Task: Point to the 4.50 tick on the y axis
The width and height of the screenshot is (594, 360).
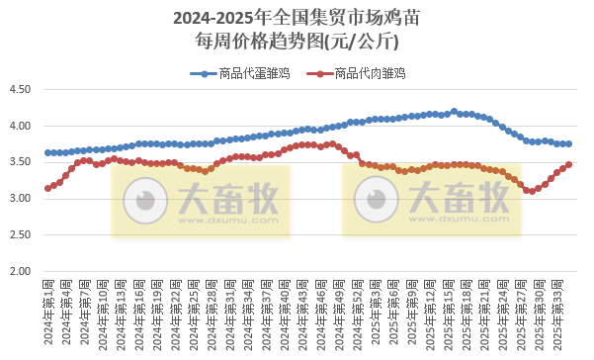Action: pos(21,90)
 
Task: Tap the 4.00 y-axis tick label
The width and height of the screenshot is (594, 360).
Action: pos(21,127)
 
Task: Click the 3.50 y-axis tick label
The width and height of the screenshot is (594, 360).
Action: pos(21,163)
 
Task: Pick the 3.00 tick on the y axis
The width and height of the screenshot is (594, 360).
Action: pos(21,199)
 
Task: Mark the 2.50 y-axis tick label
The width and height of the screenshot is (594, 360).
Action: pos(21,235)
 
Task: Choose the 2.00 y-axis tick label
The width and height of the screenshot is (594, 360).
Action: pos(21,271)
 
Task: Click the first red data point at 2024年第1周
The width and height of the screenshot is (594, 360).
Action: pos(47,188)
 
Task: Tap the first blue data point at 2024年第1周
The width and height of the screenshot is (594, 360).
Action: pos(47,152)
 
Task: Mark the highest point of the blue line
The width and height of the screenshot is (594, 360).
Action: pos(454,111)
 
